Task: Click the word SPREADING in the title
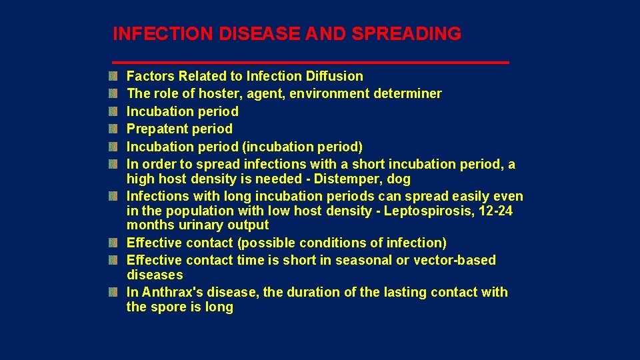407,33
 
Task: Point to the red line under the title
311,62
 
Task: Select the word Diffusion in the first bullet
333,77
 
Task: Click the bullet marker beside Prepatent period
115,129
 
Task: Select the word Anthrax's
173,293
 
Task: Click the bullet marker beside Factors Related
115,77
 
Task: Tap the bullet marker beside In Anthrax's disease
115,293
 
